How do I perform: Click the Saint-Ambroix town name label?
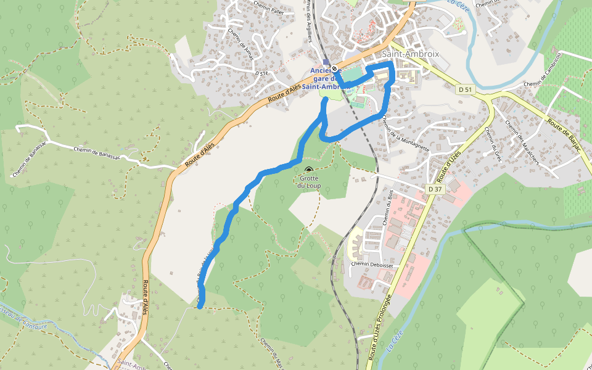pos(411,54)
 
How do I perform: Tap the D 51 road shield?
pos(466,90)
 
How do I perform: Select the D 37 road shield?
pos(435,189)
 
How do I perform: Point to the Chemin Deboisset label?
pos(372,265)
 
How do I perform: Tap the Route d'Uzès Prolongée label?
pos(379,327)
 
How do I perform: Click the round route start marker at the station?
pos(334,68)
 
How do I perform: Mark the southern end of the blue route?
pos(200,305)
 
